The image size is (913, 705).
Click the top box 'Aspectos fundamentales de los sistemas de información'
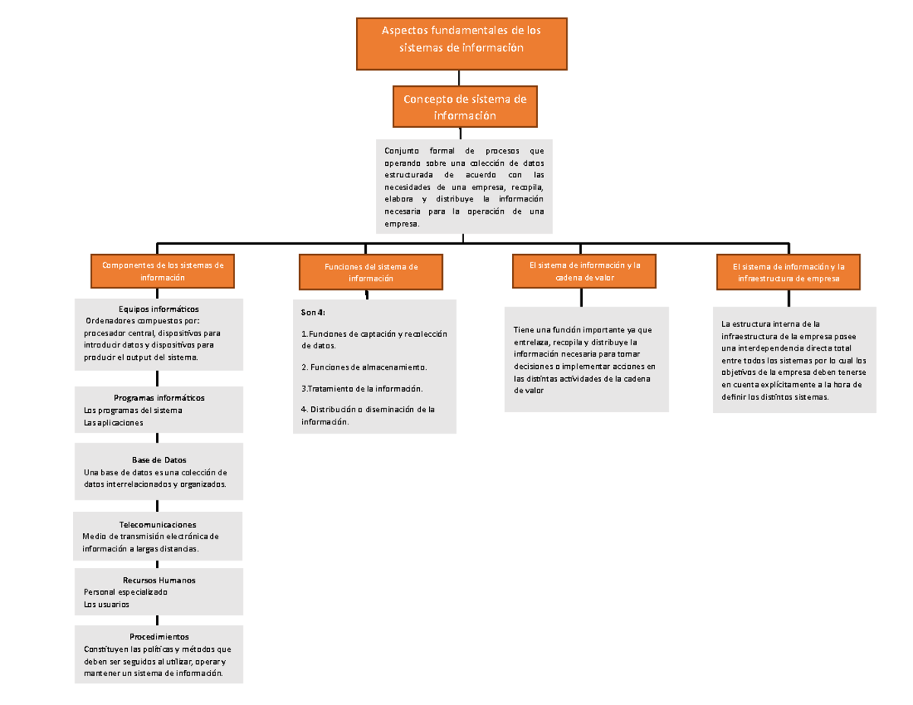462,43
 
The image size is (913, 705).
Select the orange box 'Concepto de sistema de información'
464,106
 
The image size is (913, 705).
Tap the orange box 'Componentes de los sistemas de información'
162,272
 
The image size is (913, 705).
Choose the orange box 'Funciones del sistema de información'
371,272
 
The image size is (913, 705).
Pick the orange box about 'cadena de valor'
584,272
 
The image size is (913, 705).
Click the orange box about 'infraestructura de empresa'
789,272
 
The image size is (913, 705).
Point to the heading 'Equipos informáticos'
158,309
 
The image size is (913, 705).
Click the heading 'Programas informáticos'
158,398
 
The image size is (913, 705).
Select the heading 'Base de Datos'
158,460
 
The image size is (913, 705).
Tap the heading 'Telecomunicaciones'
157,525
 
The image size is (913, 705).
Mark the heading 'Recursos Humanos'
158,580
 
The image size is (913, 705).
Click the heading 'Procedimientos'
158,636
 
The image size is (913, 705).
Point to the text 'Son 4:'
313,313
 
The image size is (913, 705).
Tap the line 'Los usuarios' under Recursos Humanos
107,605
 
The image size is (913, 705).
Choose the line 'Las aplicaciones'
113,423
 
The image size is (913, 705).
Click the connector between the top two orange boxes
460,78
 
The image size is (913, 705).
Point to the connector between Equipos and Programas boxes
157,379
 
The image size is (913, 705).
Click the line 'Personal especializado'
126,592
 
